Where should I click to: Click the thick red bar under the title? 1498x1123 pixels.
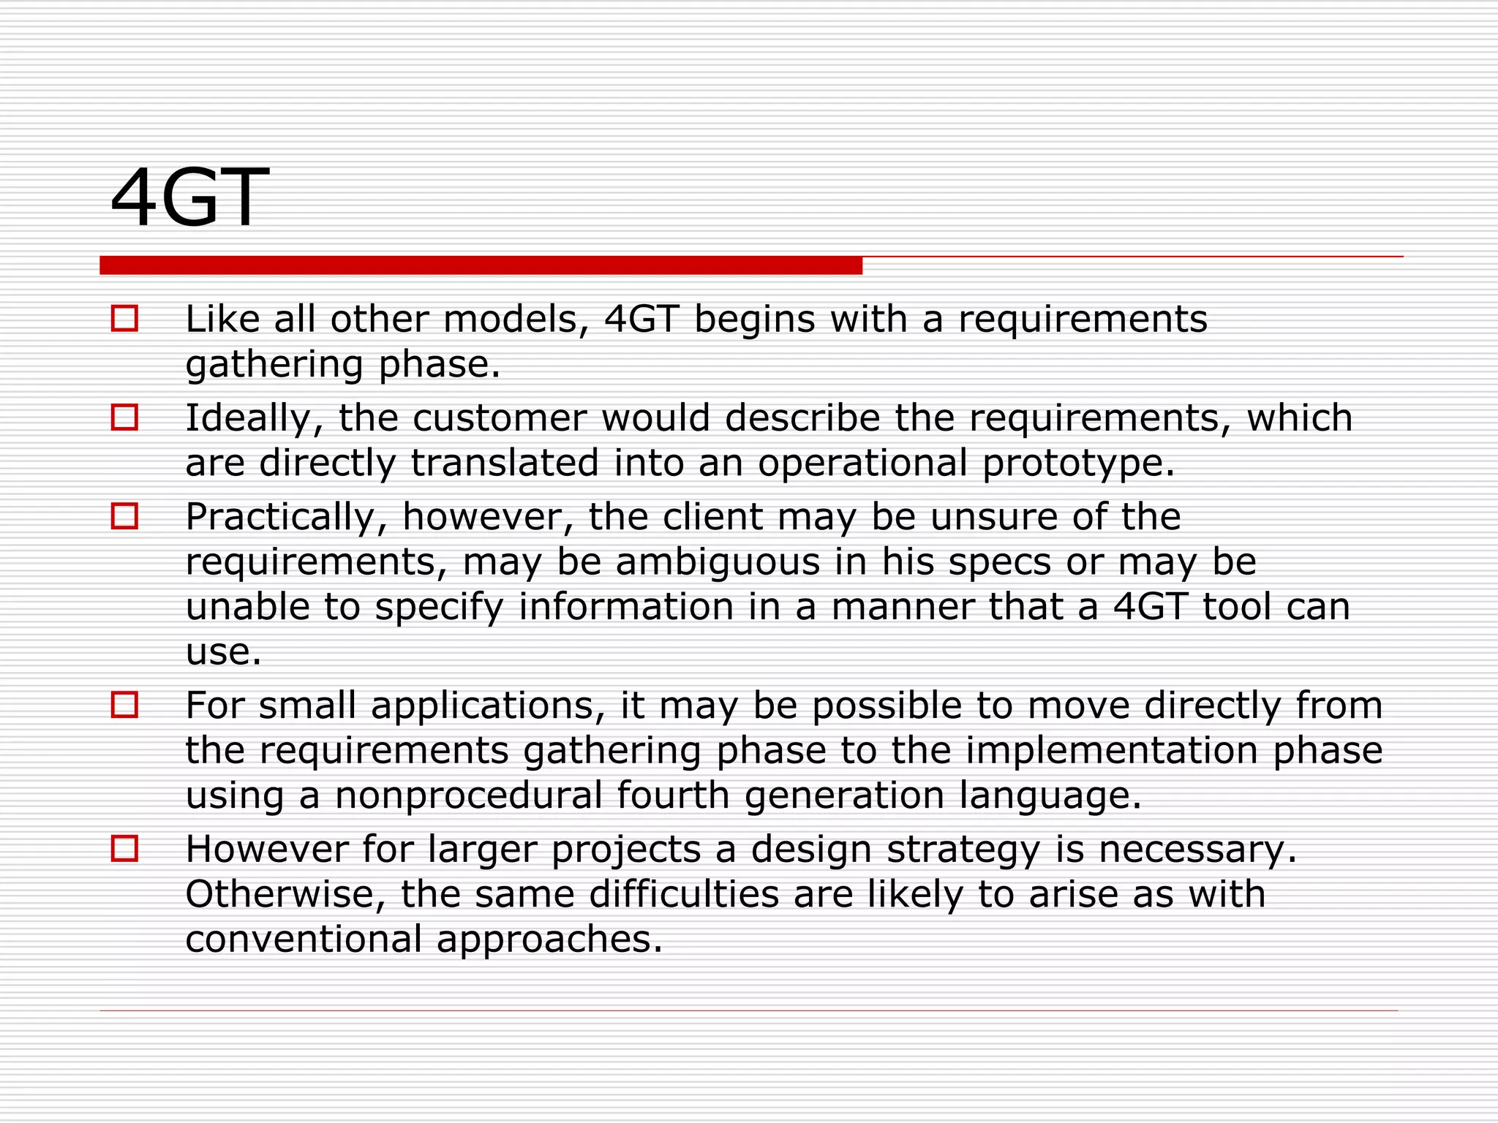[481, 265]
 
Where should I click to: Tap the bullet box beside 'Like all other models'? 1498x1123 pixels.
[124, 319]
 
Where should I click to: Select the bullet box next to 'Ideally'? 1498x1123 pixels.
[124, 417]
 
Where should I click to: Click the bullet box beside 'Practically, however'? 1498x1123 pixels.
[124, 516]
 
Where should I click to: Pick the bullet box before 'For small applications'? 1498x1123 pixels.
[124, 705]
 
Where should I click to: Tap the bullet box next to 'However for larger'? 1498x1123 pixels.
[124, 849]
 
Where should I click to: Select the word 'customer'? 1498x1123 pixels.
[499, 419]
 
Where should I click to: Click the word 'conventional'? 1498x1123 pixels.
[304, 939]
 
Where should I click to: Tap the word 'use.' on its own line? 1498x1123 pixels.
[223, 652]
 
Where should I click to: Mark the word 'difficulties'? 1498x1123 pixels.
[684, 894]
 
